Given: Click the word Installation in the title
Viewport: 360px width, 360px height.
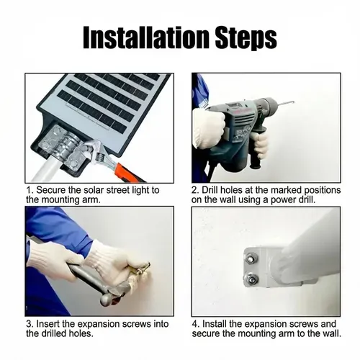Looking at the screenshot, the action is click(146, 38).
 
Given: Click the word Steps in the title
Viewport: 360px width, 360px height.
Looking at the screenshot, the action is click(246, 38).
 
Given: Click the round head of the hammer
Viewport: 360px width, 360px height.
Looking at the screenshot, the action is click(107, 299).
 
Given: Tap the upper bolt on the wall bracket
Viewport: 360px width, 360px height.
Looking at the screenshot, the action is click(251, 258).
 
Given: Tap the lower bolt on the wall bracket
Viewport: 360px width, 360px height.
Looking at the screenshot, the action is click(251, 279).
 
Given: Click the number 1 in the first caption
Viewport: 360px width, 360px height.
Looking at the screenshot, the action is click(30, 190).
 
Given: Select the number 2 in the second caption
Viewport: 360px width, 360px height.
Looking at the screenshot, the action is click(195, 190).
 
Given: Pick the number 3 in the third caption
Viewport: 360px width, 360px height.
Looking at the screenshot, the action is click(30, 324).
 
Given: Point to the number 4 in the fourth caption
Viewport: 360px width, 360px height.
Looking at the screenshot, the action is click(196, 324).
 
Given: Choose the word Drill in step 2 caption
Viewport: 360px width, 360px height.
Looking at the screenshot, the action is click(210, 190).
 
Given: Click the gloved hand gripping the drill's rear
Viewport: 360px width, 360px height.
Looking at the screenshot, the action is click(208, 127).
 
